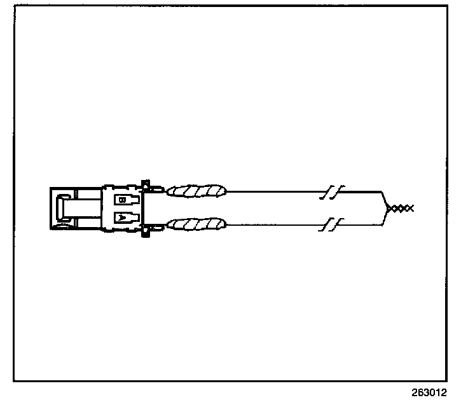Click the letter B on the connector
[x=121, y=199]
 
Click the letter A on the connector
[x=121, y=217]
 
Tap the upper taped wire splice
[x=196, y=190]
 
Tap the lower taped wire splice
[x=196, y=224]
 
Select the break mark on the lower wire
[x=333, y=224]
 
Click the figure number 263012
[x=429, y=392]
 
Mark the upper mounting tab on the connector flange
[x=146, y=185]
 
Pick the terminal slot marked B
[x=126, y=199]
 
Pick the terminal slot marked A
[x=126, y=217]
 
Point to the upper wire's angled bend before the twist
[x=382, y=196]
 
